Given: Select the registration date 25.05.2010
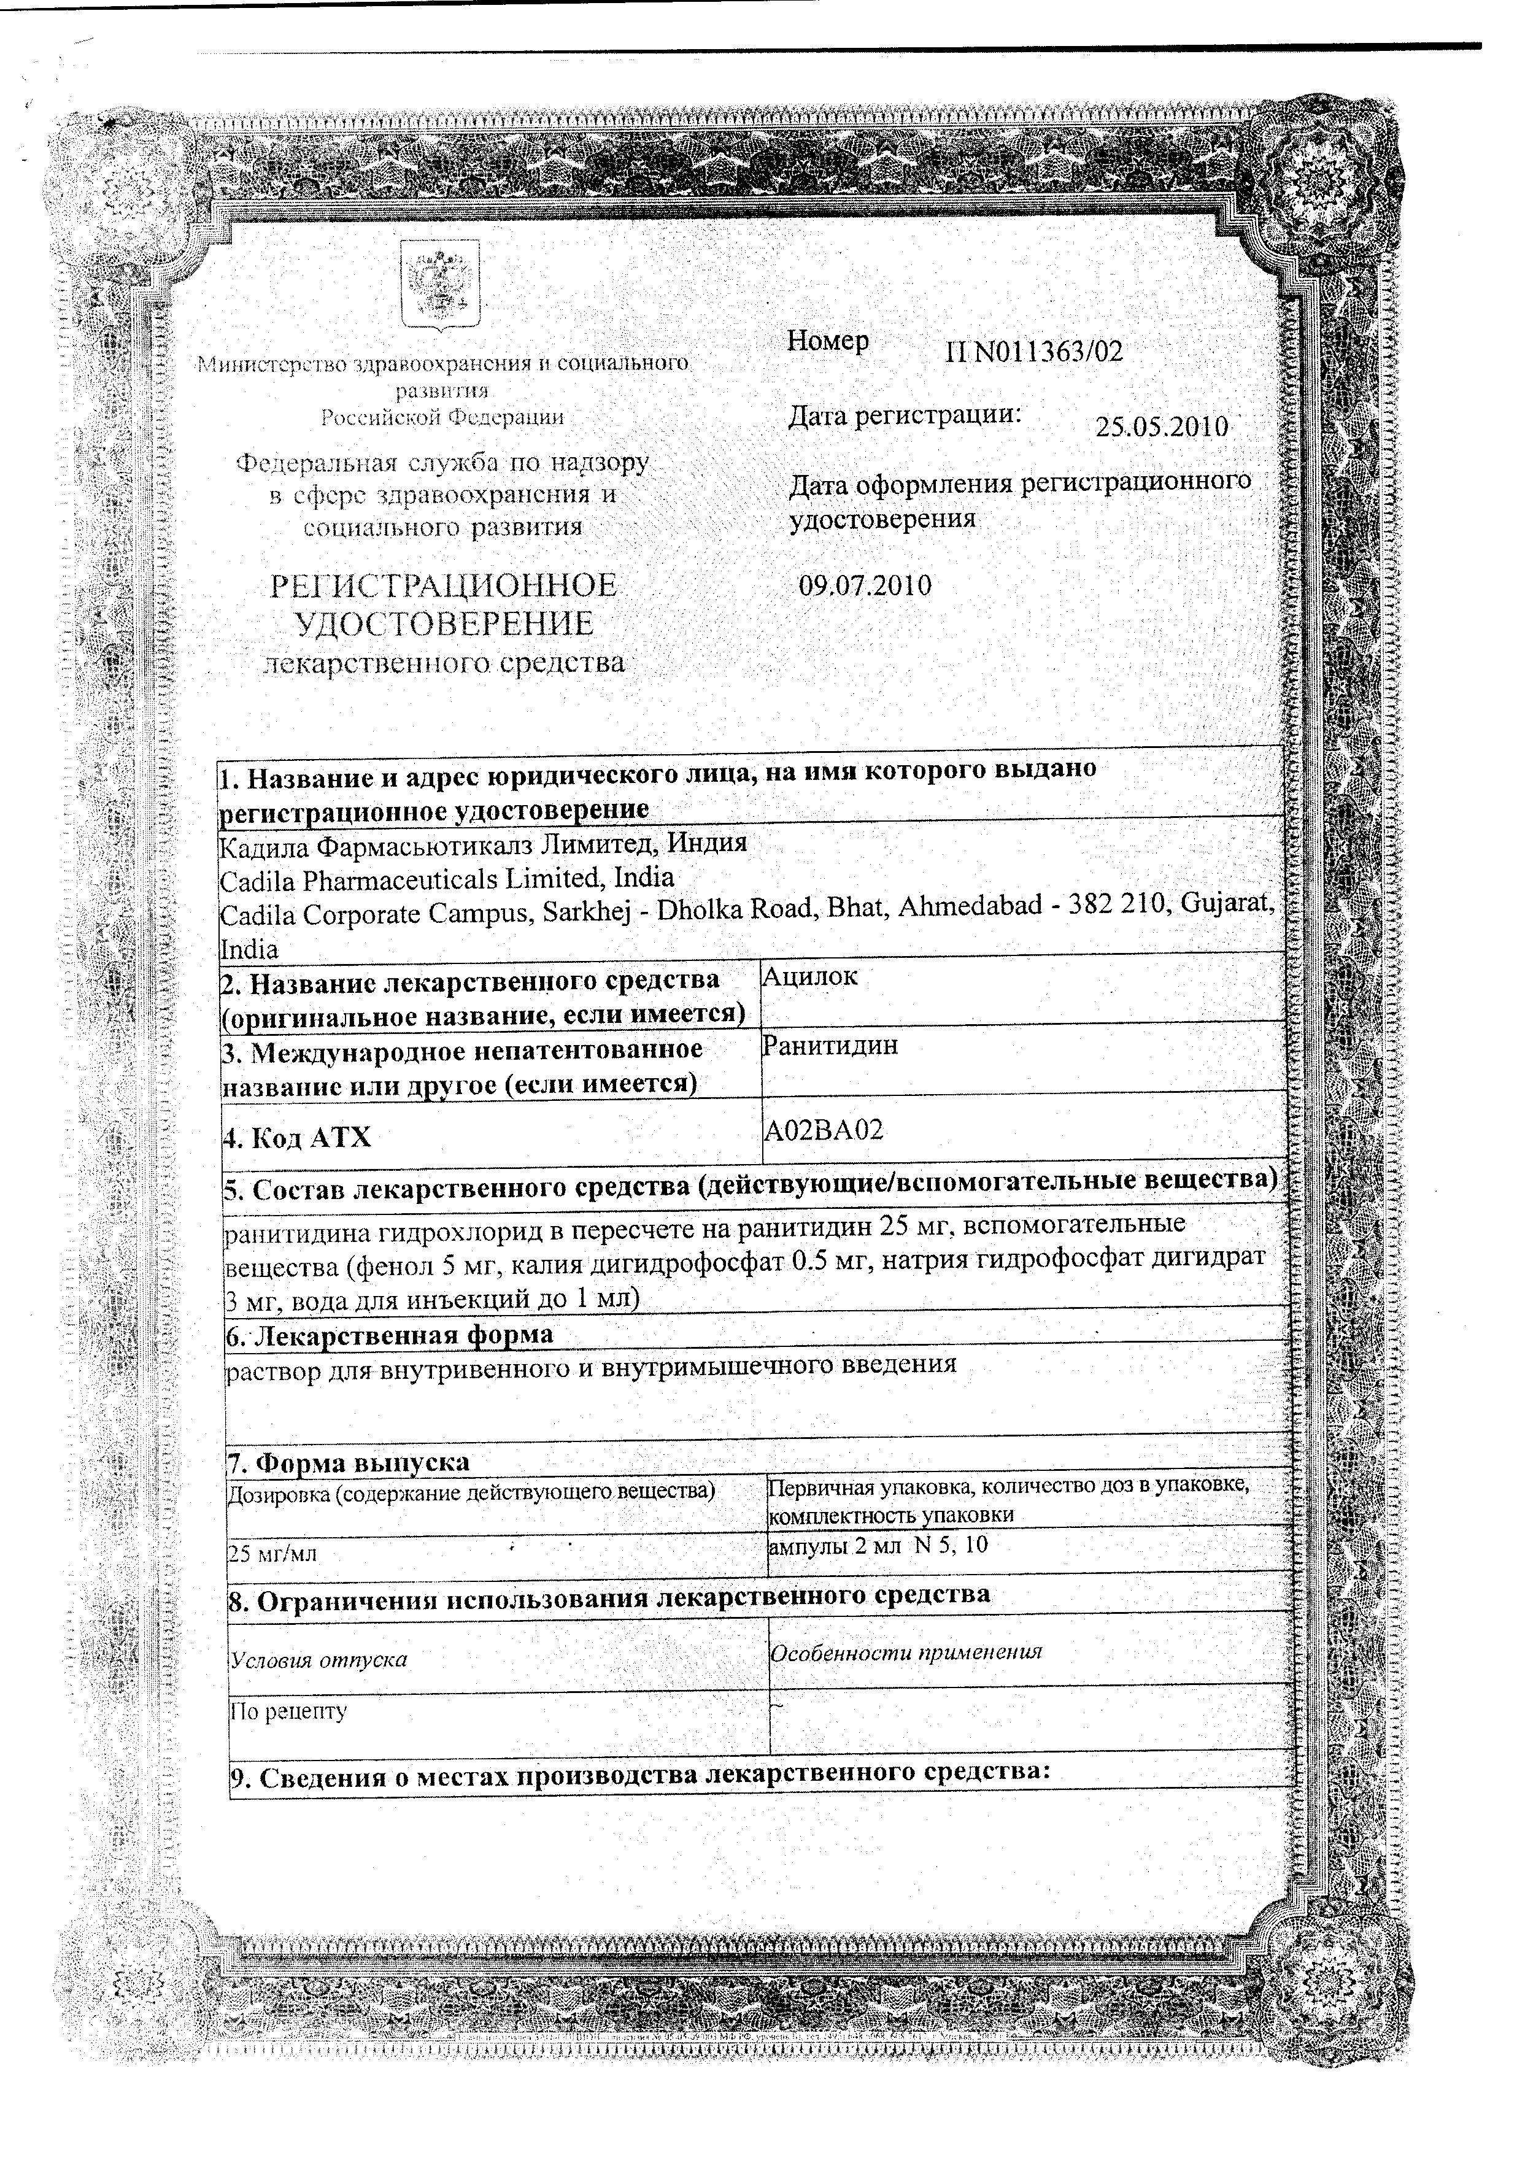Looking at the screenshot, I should tap(1161, 427).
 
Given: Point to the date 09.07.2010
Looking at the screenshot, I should tap(865, 586).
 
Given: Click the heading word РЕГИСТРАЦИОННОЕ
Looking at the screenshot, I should tap(443, 586).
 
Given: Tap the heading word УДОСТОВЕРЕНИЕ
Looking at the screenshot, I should tap(443, 623).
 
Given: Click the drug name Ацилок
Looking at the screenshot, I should tap(809, 976).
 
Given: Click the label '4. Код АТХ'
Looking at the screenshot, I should tap(298, 1138).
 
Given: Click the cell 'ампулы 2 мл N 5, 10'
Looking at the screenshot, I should tap(877, 1544).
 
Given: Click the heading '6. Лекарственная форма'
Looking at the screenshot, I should tap(390, 1334).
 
